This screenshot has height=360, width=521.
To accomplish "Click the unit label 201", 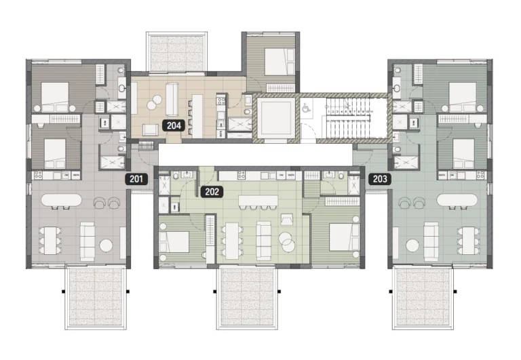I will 136,179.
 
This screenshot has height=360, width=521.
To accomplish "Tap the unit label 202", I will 212,192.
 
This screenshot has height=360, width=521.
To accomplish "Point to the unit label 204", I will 173,125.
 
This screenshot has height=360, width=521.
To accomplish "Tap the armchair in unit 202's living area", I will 287,219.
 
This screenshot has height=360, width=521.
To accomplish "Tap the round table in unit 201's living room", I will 107,245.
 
